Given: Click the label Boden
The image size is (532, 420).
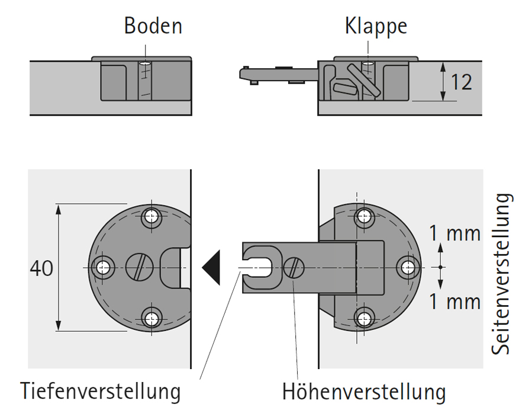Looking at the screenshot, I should point(153,27).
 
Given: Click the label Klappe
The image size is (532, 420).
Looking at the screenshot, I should point(376,27).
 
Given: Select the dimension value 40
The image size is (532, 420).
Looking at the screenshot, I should point(41,268).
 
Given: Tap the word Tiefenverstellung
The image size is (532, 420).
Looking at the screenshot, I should point(100,392).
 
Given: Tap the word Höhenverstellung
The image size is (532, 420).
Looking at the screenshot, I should point(363,392).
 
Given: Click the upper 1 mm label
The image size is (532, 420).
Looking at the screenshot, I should point(454,233).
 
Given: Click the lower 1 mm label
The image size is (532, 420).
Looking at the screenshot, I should point(454,302).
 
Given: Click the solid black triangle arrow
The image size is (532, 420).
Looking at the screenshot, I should point(211,268).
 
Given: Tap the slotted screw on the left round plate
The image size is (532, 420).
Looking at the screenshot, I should point(138,268).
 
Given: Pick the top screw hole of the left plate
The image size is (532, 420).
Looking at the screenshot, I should point(153,217).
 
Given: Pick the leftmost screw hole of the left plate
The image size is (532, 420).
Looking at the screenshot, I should point(104,268).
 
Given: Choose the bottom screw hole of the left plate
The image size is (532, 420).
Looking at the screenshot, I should point(153,319).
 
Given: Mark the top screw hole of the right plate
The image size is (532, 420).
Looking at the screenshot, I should point(362,217).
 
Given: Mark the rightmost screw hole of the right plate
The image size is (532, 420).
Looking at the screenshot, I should point(408,268).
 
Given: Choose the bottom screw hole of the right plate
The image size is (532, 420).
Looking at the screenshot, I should point(362,318).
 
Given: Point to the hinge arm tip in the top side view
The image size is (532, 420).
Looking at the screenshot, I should point(244,73).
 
